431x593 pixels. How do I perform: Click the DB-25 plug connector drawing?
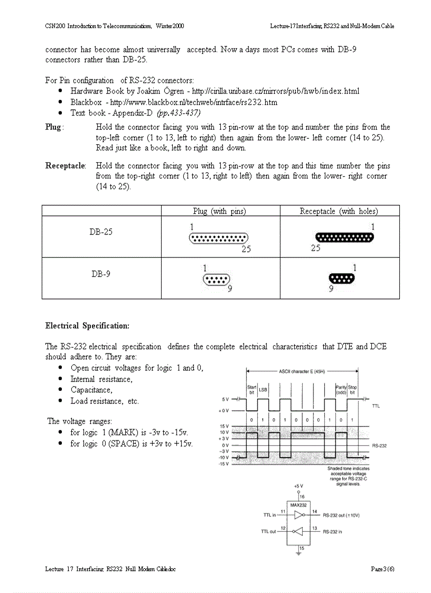point(219,239)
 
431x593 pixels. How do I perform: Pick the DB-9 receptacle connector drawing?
point(342,279)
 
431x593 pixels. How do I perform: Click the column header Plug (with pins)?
point(220,211)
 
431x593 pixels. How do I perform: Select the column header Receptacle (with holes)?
point(339,211)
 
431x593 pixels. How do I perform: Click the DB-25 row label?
point(101,232)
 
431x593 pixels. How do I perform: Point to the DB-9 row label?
point(101,274)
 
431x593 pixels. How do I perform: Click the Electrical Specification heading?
point(87,326)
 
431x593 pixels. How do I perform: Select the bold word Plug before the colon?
point(53,127)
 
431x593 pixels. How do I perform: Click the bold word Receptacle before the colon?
point(65,166)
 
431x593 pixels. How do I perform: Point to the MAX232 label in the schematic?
point(299,504)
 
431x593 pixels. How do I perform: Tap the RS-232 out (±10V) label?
point(345,514)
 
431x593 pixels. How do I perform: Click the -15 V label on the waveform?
point(223,464)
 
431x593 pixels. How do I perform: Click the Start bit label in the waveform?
point(252,390)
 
